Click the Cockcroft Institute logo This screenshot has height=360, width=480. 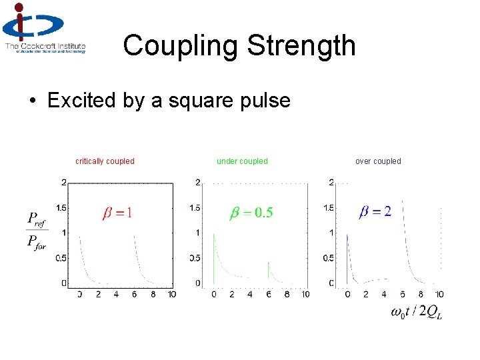pyautogui.click(x=44, y=29)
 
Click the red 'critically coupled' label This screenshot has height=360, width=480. pyautogui.click(x=105, y=161)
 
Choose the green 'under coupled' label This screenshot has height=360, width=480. pyautogui.click(x=242, y=161)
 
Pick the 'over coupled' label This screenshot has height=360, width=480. pyautogui.click(x=378, y=161)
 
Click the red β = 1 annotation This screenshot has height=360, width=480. pyautogui.click(x=117, y=213)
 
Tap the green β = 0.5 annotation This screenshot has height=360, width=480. pyautogui.click(x=251, y=213)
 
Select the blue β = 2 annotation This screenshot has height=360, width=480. pyautogui.click(x=375, y=212)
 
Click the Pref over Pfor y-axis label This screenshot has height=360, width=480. pyautogui.click(x=37, y=229)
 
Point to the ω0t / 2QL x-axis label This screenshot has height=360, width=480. pyautogui.click(x=416, y=313)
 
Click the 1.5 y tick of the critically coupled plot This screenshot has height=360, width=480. pyautogui.click(x=60, y=208)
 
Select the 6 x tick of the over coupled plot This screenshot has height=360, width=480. pyautogui.click(x=403, y=294)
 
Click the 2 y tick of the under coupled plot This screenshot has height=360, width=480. pyautogui.click(x=197, y=182)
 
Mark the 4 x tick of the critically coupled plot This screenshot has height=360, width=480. pyautogui.click(x=116, y=294)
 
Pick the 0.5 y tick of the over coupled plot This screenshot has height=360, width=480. pyautogui.click(x=328, y=258)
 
